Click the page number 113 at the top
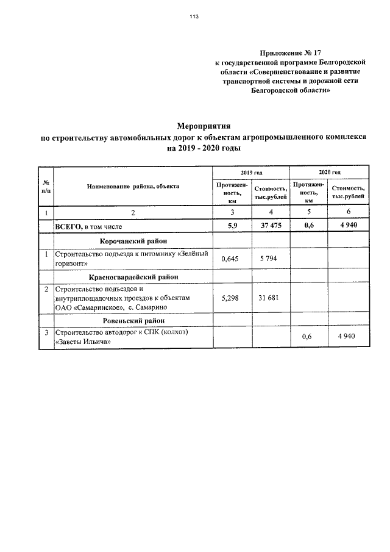click(x=194, y=16)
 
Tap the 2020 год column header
click(x=330, y=173)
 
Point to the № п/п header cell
click(x=46, y=186)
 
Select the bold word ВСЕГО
click(x=69, y=226)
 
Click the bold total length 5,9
click(x=232, y=226)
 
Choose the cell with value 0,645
click(x=232, y=259)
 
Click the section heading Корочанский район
click(x=132, y=242)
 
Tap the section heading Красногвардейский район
click(x=132, y=276)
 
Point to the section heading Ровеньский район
click(x=132, y=320)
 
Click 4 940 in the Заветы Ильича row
click(x=349, y=337)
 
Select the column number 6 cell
click(x=349, y=213)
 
